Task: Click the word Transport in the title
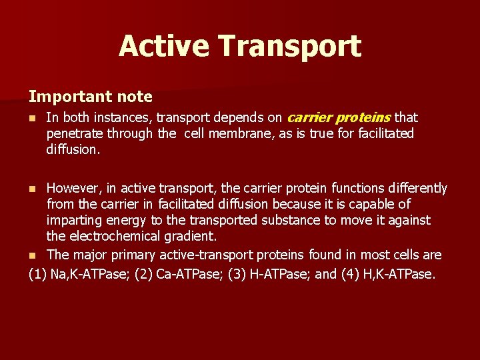point(289,47)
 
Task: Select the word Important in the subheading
point(62,97)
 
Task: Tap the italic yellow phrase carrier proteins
point(338,118)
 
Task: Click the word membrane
point(240,134)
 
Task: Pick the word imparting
point(73,221)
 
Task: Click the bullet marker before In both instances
point(33,119)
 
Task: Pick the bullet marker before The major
point(33,256)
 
